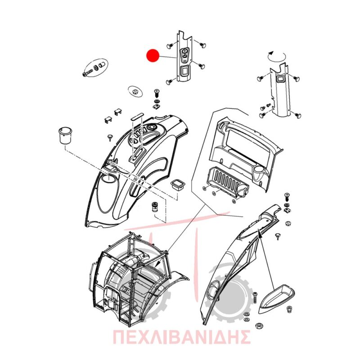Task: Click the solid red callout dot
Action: pyautogui.click(x=153, y=55)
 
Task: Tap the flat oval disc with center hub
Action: pyautogui.click(x=135, y=92)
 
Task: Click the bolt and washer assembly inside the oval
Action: pyautogui.click(x=95, y=68)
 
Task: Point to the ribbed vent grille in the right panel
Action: pyautogui.click(x=227, y=180)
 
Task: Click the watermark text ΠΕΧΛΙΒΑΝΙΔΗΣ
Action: pyautogui.click(x=181, y=337)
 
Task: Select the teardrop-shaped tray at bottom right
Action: pyautogui.click(x=276, y=298)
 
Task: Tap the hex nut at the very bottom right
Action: pyautogui.click(x=259, y=325)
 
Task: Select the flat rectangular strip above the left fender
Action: pyautogui.click(x=137, y=116)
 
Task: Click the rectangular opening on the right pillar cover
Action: pyautogui.click(x=280, y=79)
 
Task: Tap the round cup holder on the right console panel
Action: pyautogui.click(x=259, y=170)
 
